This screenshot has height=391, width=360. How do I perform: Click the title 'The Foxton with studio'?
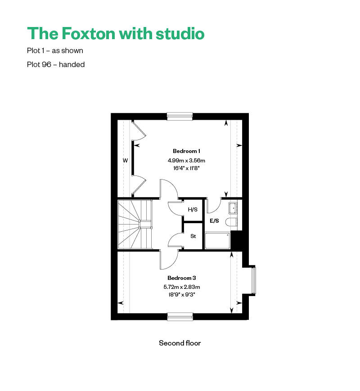116,34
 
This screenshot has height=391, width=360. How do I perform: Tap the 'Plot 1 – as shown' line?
55,51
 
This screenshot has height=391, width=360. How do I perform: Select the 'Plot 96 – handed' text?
56,64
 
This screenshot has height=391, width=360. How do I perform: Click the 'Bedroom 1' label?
186,151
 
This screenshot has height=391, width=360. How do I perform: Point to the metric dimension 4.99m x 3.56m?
186,160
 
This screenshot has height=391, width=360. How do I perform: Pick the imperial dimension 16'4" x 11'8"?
186,168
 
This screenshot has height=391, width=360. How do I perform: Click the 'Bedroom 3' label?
181,278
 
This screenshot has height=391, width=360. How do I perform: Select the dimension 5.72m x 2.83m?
181,287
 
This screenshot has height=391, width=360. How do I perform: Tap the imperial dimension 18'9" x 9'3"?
181,295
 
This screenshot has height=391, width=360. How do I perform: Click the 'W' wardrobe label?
125,160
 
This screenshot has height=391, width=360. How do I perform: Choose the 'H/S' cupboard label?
192,210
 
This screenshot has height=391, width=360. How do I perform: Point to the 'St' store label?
193,236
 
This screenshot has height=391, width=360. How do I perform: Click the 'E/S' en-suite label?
214,221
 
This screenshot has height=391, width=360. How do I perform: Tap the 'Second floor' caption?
180,343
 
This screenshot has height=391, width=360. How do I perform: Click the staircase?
135,224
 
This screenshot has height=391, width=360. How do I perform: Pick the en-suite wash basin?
233,208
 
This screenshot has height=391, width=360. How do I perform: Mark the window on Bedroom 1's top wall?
180,116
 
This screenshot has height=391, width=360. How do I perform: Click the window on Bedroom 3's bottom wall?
180,316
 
